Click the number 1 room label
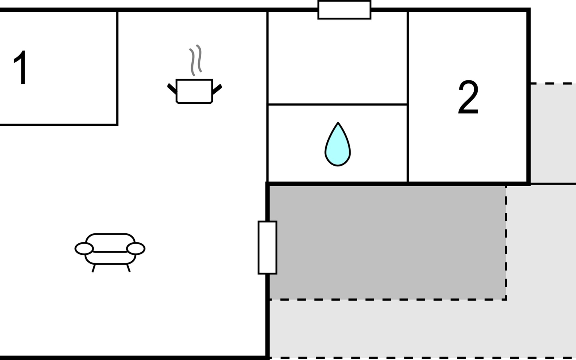coord(20,68)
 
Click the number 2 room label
coord(468,97)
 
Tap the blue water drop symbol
coord(338,147)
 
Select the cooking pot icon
coord(194,91)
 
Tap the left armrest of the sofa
coord(84,248)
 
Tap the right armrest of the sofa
coord(136,248)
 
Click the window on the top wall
coord(344,10)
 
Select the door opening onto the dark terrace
coord(267,247)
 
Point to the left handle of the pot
coord(172,88)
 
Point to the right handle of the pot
coord(217,88)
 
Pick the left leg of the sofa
coord(94,268)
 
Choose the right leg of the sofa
coord(128,268)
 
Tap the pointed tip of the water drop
coord(338,124)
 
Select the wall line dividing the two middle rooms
coord(337,104)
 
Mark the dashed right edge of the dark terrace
coord(506,243)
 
